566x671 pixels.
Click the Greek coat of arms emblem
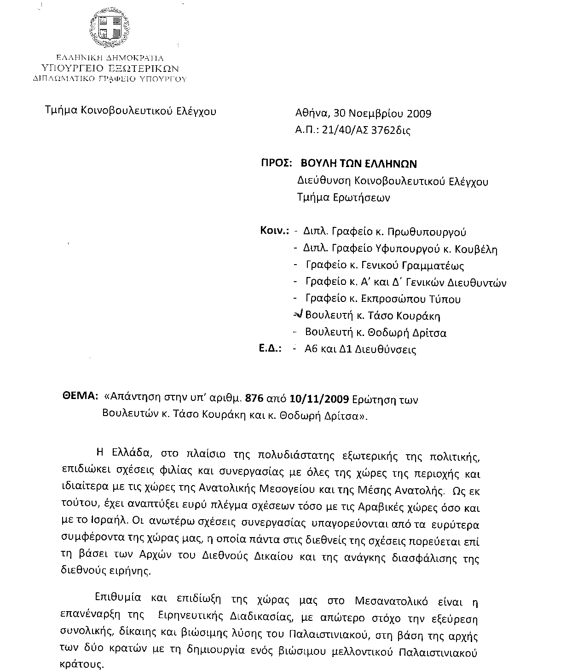pyautogui.click(x=111, y=29)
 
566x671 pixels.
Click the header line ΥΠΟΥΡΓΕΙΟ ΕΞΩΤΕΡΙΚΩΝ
pyautogui.click(x=110, y=68)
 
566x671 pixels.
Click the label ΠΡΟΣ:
pyautogui.click(x=277, y=164)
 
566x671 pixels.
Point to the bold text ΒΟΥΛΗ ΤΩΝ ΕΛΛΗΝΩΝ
pyautogui.click(x=358, y=164)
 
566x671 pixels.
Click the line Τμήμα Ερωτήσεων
pyautogui.click(x=344, y=198)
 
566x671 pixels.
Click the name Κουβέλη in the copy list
pyautogui.click(x=476, y=249)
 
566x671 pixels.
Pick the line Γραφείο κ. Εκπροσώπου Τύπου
pyautogui.click(x=383, y=299)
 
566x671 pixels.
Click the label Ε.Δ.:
pyautogui.click(x=270, y=349)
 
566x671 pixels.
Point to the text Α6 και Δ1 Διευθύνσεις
pyautogui.click(x=360, y=349)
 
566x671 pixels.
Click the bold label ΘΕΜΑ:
pyautogui.click(x=80, y=396)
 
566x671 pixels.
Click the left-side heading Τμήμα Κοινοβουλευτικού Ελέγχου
pyautogui.click(x=130, y=111)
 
